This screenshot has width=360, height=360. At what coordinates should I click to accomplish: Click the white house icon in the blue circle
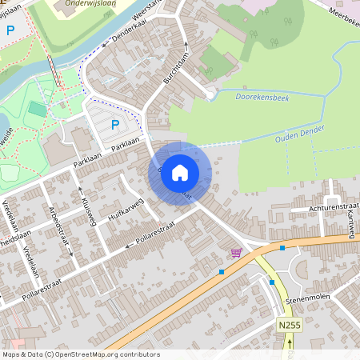pyautogui.click(x=180, y=172)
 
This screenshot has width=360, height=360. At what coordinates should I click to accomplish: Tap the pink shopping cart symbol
pyautogui.click(x=236, y=253)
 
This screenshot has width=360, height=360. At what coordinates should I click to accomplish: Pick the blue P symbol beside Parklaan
pyautogui.click(x=115, y=124)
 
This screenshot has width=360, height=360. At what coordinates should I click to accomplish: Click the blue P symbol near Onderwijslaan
pyautogui.click(x=10, y=30)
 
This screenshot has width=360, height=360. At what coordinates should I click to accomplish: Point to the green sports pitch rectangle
pyautogui.click(x=37, y=109)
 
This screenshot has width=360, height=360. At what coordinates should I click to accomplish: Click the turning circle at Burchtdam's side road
pyautogui.click(x=210, y=95)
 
